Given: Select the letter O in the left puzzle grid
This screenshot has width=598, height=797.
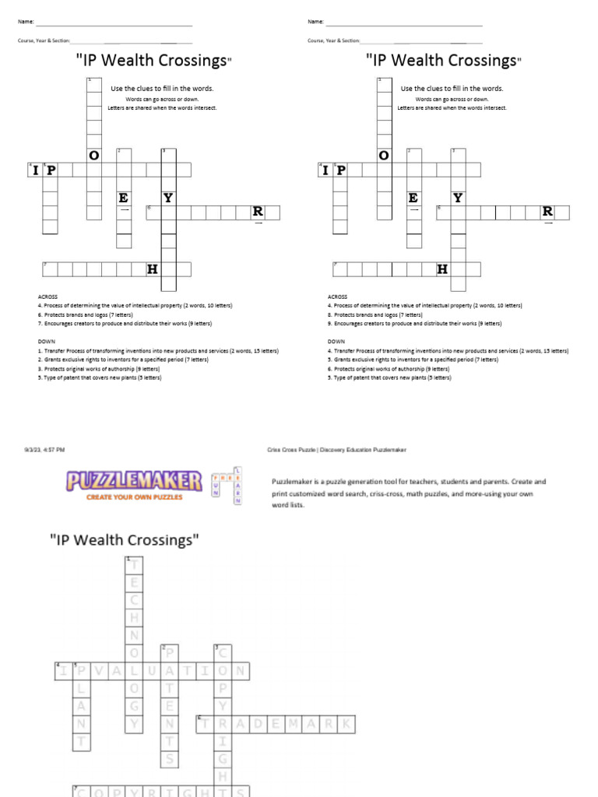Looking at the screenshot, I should click(x=94, y=156).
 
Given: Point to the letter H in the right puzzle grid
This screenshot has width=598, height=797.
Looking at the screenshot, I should click(x=442, y=269).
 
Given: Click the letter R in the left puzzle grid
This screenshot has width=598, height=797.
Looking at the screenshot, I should click(x=257, y=212).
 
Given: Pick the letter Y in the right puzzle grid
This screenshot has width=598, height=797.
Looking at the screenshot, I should click(x=458, y=198).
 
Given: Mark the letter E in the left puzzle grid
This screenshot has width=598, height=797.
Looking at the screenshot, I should click(x=123, y=198).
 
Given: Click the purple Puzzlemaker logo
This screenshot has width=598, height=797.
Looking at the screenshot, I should click(x=134, y=481).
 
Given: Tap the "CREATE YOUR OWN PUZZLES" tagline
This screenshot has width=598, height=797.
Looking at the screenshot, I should click(x=134, y=497).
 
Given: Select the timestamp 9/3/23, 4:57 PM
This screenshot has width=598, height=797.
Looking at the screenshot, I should click(x=44, y=450).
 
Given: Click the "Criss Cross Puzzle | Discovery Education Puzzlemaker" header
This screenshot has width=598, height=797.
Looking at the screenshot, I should click(x=336, y=450).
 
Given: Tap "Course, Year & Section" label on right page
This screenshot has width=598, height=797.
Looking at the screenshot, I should click(x=333, y=40).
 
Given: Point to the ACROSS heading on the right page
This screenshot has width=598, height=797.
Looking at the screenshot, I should click(x=337, y=297).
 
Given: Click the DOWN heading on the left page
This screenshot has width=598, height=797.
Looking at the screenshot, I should click(x=45, y=341).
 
